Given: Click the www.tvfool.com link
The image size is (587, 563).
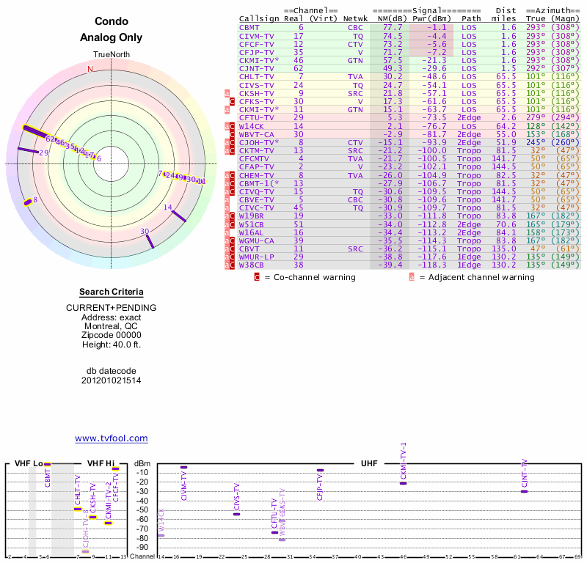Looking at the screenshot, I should tap(112, 438).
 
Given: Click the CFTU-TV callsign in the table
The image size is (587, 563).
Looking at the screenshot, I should tap(256, 117).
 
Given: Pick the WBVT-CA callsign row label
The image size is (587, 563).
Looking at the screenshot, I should tap(256, 134).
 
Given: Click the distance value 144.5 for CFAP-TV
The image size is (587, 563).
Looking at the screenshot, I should tap(504, 167).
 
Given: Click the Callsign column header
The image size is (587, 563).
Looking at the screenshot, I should tap(258, 18).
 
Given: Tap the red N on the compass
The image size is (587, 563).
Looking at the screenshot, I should tap(90, 69).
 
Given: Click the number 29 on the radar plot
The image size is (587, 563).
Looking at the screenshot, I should tap(44, 152).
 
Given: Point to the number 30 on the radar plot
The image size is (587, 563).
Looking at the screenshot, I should tap(145, 232).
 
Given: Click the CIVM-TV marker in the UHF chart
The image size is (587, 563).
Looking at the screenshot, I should tap(184, 467).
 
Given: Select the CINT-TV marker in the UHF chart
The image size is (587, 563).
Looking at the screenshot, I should tap(524, 491).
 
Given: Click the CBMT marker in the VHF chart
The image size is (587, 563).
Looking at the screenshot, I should tap(48, 464).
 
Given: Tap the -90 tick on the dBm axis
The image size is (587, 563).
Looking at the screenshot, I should tap(143, 547).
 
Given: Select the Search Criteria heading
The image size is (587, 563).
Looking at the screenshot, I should tap(112, 292).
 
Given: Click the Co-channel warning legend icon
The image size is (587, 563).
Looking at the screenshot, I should tap(257, 277).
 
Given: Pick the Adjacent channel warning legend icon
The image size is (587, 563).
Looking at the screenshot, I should tap(412, 277).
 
